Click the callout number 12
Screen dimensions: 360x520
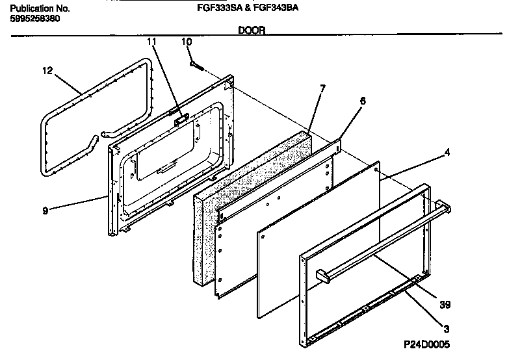(x=47, y=71)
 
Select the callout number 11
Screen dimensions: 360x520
(x=152, y=42)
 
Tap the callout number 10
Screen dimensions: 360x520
(x=187, y=42)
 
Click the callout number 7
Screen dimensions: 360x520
(x=323, y=88)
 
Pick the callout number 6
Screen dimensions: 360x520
(x=363, y=101)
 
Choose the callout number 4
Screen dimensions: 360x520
(x=447, y=154)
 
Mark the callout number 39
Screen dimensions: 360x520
(x=445, y=303)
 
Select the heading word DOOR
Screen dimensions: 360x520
(x=251, y=30)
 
